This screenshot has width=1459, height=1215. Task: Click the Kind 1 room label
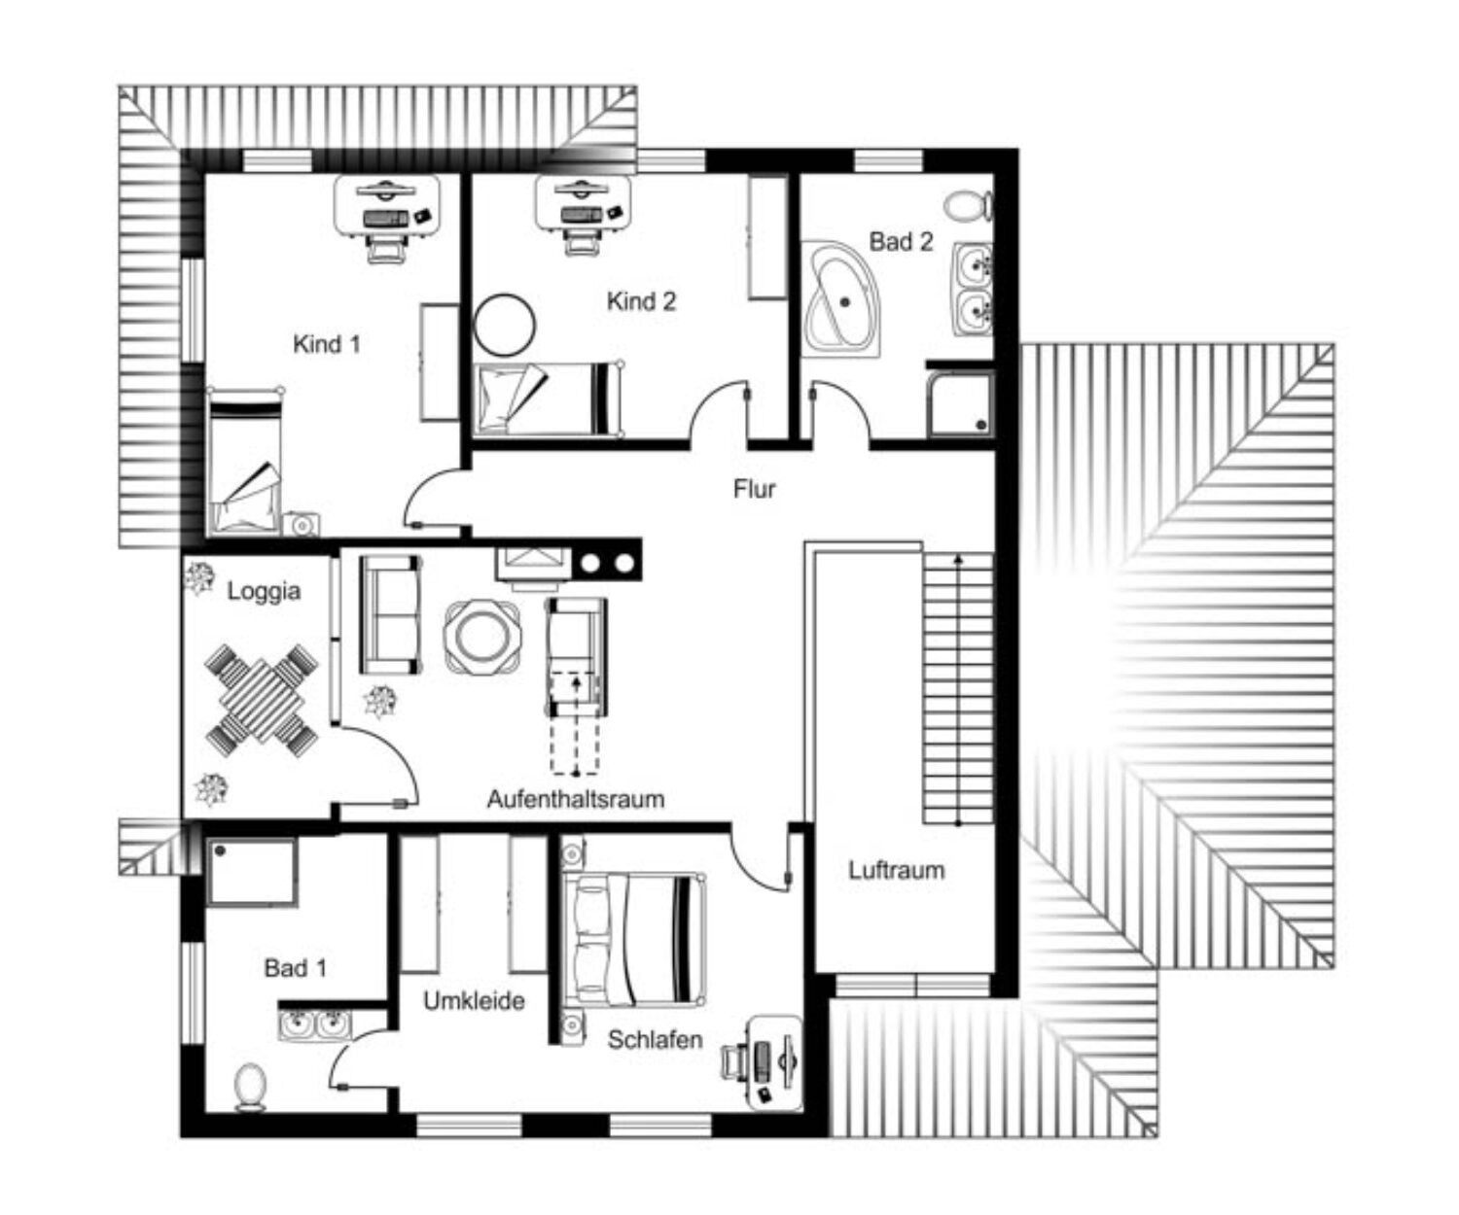pos(326,344)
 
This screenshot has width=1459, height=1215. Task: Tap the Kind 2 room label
pos(641,301)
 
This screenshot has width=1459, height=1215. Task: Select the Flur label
pos(754,489)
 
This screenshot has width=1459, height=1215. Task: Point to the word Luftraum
pos(897,870)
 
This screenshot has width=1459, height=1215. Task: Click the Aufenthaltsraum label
pos(576,798)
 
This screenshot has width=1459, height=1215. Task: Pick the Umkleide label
pos(474,1000)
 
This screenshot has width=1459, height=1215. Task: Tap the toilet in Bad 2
pos(969,206)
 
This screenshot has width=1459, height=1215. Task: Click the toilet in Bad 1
pos(250,1087)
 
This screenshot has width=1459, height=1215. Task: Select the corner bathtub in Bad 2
pos(840,300)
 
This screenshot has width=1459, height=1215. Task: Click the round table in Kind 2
pos(505,325)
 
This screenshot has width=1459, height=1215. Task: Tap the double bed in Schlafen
pos(634,940)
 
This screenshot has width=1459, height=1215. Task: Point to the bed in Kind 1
pos(245,462)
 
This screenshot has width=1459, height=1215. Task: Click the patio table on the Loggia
pos(262,701)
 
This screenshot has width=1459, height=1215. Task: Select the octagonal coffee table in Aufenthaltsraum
pos(482,637)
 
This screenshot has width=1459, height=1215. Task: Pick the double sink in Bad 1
pos(315,1024)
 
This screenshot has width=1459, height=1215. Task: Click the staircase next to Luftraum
pos(959,688)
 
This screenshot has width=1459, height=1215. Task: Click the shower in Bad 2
pos(960,403)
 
